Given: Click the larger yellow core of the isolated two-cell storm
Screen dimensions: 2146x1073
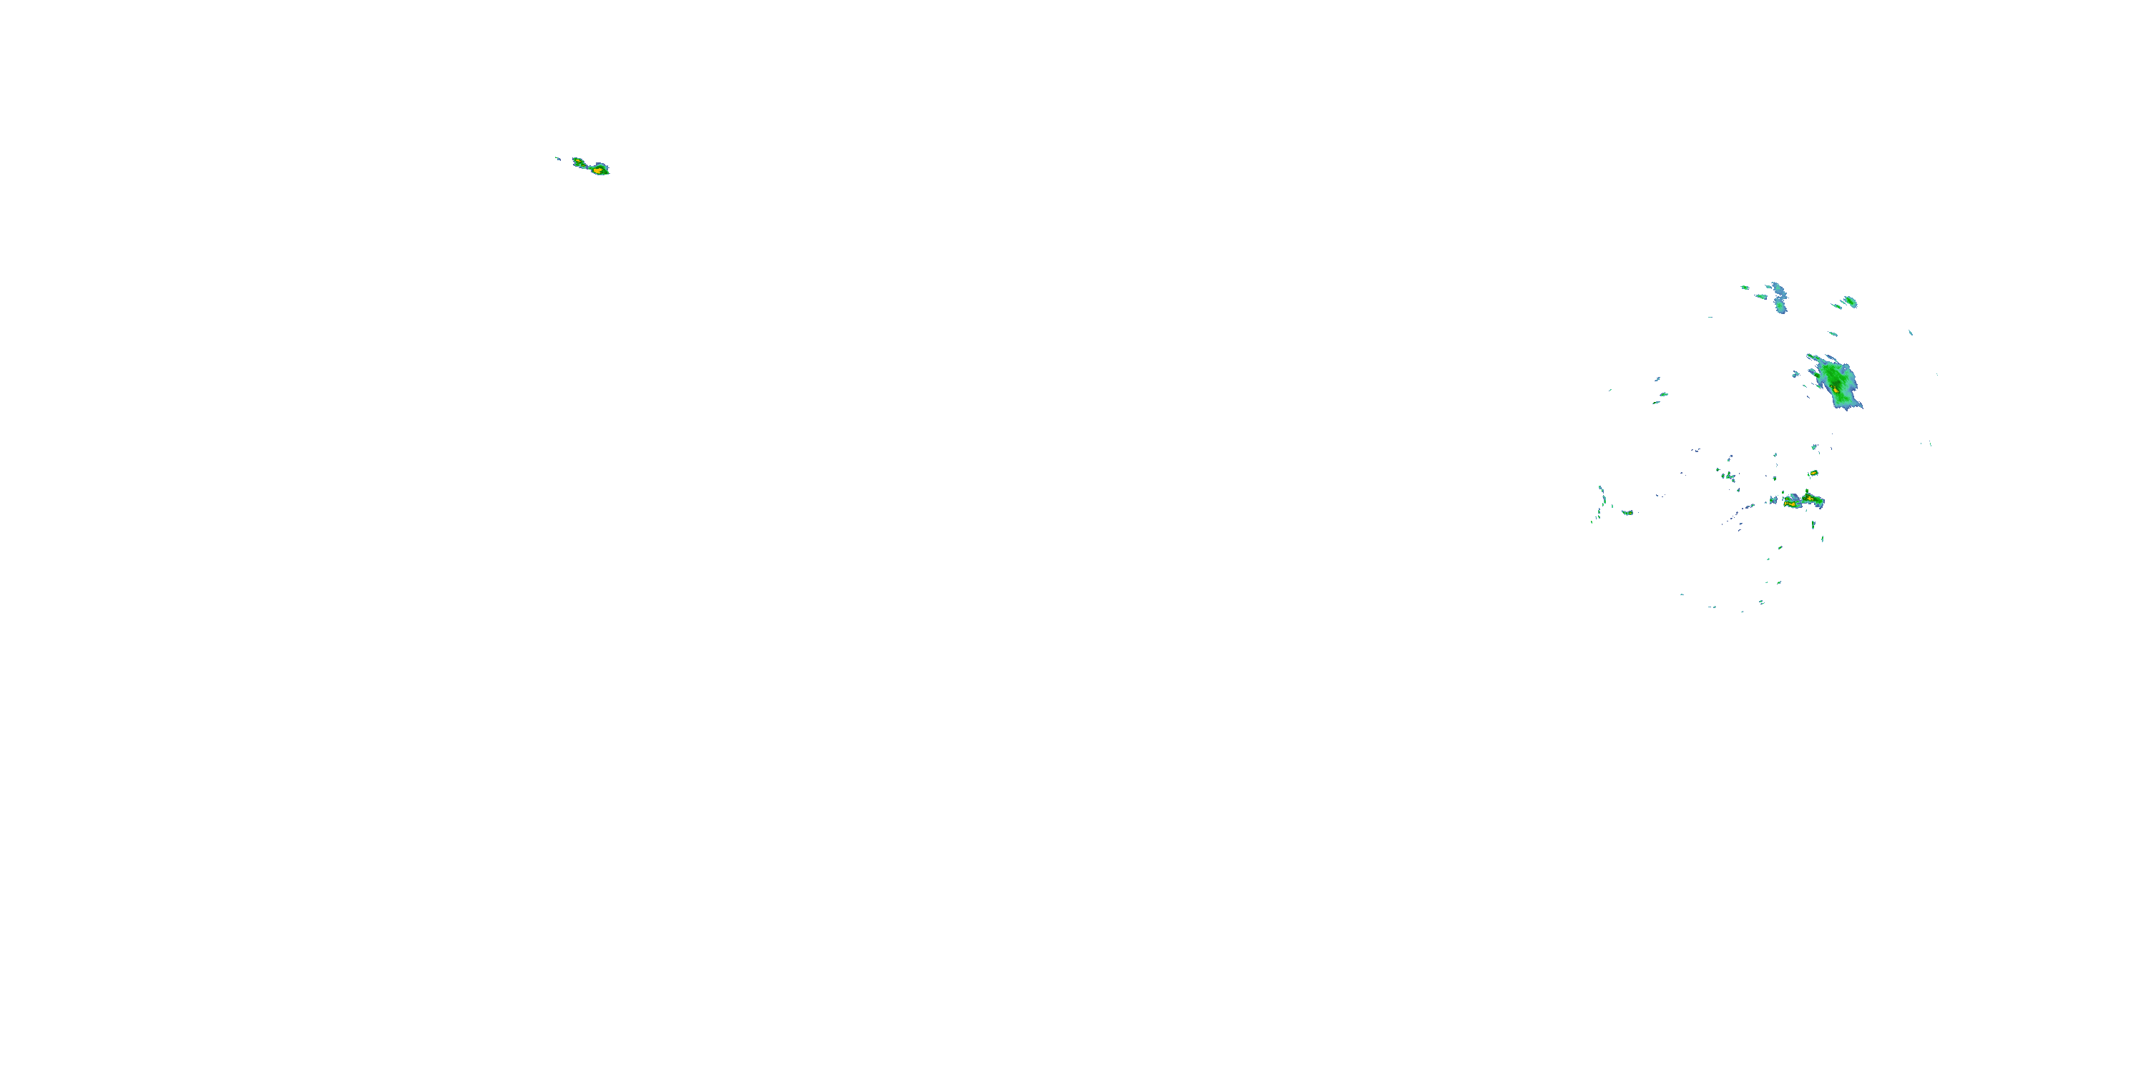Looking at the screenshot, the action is tap(597, 170).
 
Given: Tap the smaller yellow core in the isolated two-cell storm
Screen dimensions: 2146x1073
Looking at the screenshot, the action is tap(577, 161).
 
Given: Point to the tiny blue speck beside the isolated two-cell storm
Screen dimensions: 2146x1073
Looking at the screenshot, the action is tap(558, 158).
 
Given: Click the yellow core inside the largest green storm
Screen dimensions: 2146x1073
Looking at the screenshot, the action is tap(1836, 389).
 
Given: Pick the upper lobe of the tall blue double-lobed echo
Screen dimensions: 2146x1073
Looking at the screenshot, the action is tap(1778, 289).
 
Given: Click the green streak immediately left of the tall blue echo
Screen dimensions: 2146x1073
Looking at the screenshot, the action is tap(1762, 295).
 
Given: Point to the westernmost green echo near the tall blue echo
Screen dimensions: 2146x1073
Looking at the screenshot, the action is tap(1745, 288).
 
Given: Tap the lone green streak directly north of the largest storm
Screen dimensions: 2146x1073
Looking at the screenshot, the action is tap(1832, 334).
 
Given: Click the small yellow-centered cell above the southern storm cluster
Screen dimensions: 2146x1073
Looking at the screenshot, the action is tap(1813, 473).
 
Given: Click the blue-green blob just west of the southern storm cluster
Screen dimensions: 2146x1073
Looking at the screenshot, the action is tap(1773, 501).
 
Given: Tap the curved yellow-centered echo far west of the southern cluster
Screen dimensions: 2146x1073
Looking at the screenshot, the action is tap(1627, 512).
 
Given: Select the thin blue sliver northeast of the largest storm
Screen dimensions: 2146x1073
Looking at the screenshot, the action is tap(1910, 333).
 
